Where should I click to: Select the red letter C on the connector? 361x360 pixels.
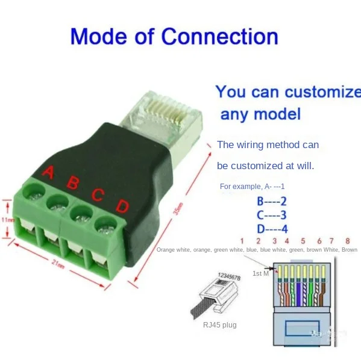pos(98,194)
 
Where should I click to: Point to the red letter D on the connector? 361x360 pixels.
pos(122,206)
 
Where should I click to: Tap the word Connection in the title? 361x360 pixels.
pos(221,37)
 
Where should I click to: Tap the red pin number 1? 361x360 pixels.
pos(241,241)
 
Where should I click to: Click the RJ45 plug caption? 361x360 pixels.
pos(219,325)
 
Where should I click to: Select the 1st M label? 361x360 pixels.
pos(260,273)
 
